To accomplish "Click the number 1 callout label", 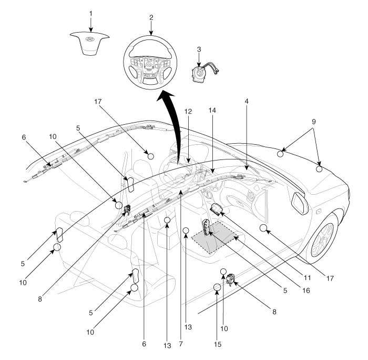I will (90, 12).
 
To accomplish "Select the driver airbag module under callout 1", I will (91, 41).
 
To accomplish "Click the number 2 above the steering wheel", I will (151, 17).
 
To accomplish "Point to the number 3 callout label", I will (199, 49).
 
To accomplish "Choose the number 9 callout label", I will (314, 121).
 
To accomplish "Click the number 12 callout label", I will (188, 112).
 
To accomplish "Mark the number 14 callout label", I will (212, 112).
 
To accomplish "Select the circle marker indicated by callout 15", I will (217, 287).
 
